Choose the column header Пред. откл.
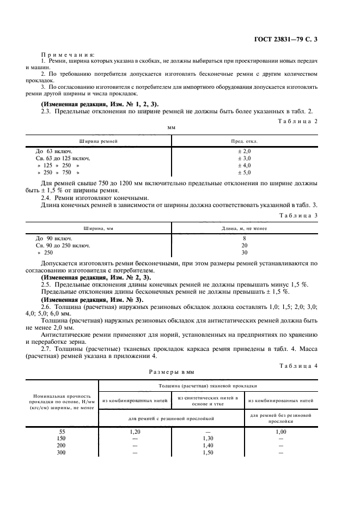coord(245,141)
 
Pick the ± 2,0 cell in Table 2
coord(245,151)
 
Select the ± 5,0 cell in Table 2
coord(245,172)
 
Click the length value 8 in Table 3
coord(245,239)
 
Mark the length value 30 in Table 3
coord(245,253)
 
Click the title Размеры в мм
coord(172,372)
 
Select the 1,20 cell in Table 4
coord(135,431)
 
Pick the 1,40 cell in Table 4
coord(208,445)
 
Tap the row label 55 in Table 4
coord(62,431)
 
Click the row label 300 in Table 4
coord(62,452)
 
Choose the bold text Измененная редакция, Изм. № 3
coord(93,300)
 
